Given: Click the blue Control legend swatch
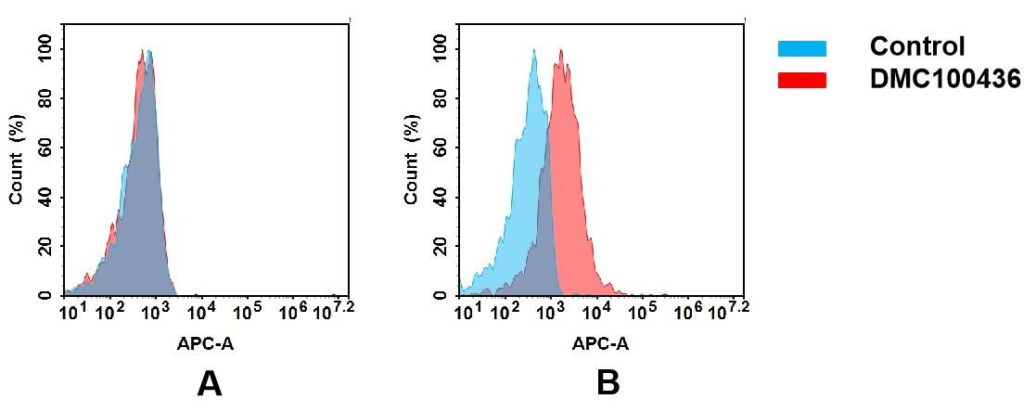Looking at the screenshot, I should (x=801, y=48).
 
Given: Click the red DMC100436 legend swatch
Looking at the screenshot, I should (x=801, y=81).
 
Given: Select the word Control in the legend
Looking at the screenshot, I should (x=916, y=46).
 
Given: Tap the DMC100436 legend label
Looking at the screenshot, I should (x=944, y=80).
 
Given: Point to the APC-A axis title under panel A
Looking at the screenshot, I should (x=205, y=343).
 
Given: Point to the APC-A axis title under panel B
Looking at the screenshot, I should (x=600, y=343).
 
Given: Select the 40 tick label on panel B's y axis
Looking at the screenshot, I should (x=440, y=197).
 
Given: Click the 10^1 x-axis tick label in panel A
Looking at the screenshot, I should (x=72, y=311).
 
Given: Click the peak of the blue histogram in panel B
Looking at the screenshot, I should (x=534, y=52).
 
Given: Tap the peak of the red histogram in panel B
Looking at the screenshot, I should (x=560, y=52).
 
